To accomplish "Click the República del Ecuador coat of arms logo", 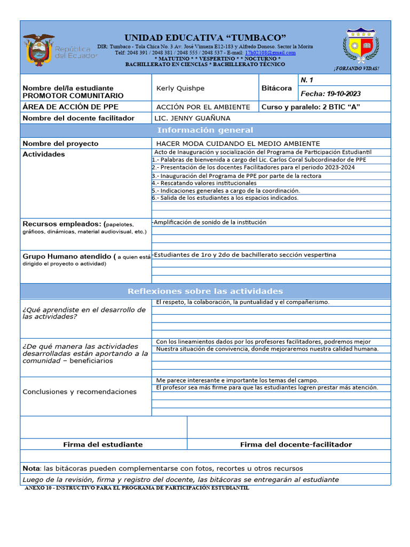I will point(39,50).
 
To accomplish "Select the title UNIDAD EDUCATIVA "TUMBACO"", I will point(205,37).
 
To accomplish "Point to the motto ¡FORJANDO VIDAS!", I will point(356,69).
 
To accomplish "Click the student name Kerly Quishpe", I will point(180,88).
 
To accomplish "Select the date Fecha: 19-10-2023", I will point(330,93).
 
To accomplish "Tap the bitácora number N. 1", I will point(306,80).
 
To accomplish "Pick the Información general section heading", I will point(205,130).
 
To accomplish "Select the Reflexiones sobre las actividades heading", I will point(205,291).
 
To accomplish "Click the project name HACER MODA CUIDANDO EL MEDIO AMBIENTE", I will point(238,143).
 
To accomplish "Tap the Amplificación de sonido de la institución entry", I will point(209,222).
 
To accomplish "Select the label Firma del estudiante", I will point(102,444).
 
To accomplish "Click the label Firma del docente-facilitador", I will point(296,444).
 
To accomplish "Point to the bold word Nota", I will point(31,468).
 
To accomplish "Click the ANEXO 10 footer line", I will point(137,488).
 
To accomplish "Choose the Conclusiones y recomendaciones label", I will point(80,392).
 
